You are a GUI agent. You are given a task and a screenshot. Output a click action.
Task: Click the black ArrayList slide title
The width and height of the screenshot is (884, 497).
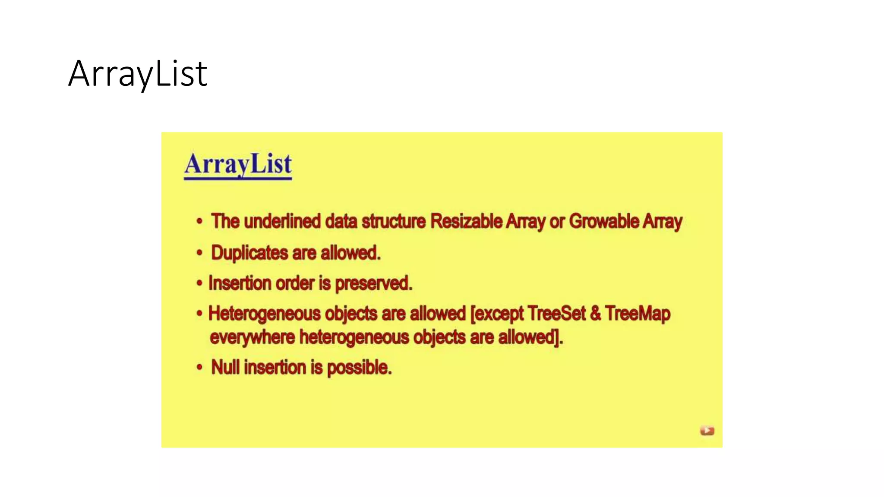tap(138, 74)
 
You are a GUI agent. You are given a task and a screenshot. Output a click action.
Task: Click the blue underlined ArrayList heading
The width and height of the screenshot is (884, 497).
tap(238, 164)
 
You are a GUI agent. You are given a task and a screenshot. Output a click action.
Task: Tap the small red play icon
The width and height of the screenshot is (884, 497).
tap(707, 431)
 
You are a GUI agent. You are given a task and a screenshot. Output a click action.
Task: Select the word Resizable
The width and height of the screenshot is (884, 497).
tap(467, 221)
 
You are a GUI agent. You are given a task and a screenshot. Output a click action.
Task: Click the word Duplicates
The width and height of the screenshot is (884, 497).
tap(249, 253)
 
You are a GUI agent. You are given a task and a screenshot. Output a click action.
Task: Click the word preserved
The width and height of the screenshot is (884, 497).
tap(373, 283)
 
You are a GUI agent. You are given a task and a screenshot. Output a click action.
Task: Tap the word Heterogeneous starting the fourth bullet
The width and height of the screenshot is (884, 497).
tap(264, 314)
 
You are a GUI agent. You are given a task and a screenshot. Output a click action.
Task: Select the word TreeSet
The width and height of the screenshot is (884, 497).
tap(556, 314)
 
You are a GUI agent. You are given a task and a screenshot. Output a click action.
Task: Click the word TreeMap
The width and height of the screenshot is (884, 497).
tap(638, 314)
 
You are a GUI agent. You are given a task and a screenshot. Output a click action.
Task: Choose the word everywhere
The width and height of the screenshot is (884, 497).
tap(252, 337)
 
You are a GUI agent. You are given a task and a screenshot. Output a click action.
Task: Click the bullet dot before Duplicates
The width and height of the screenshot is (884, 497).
tap(199, 253)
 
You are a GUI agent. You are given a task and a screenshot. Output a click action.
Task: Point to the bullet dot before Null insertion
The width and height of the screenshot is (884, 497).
tap(199, 368)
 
